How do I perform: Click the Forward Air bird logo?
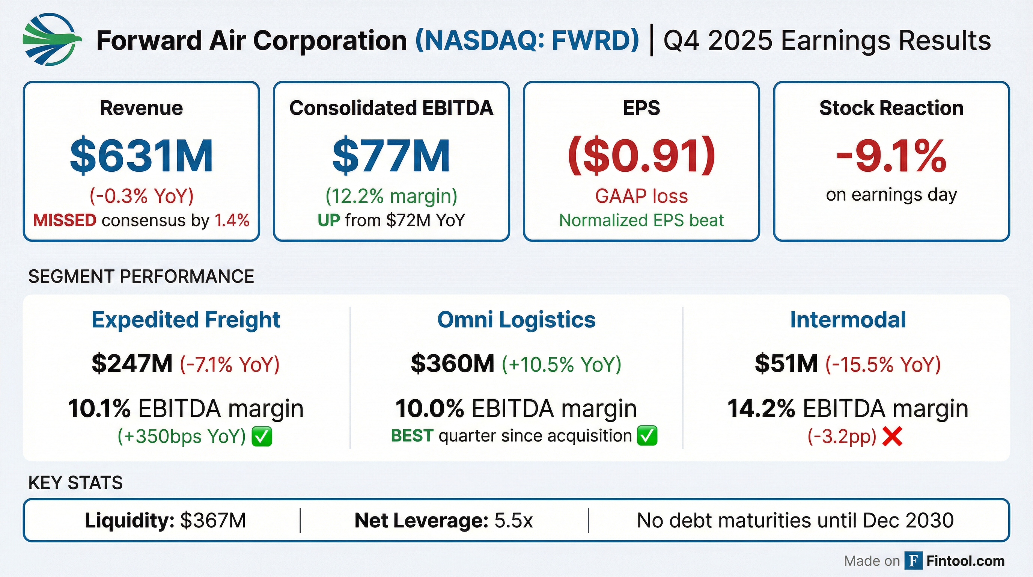(x=51, y=39)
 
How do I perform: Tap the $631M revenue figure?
(x=141, y=156)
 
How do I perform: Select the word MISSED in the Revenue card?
(x=65, y=220)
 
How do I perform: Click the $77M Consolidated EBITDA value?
(x=391, y=156)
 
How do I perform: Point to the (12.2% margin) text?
(x=391, y=196)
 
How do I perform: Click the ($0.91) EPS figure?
(x=641, y=156)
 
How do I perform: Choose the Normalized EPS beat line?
(x=641, y=220)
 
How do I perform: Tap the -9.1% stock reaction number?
(x=891, y=156)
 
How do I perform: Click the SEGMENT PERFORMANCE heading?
(x=141, y=276)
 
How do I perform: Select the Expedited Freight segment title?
(x=186, y=320)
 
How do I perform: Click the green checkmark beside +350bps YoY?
(x=262, y=437)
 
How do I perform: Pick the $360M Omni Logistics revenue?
(x=453, y=364)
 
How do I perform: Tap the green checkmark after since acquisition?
(x=647, y=436)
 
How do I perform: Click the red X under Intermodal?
(x=892, y=437)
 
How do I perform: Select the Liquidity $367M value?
(x=213, y=520)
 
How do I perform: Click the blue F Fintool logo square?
(x=913, y=560)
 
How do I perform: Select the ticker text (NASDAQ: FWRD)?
(x=527, y=41)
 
